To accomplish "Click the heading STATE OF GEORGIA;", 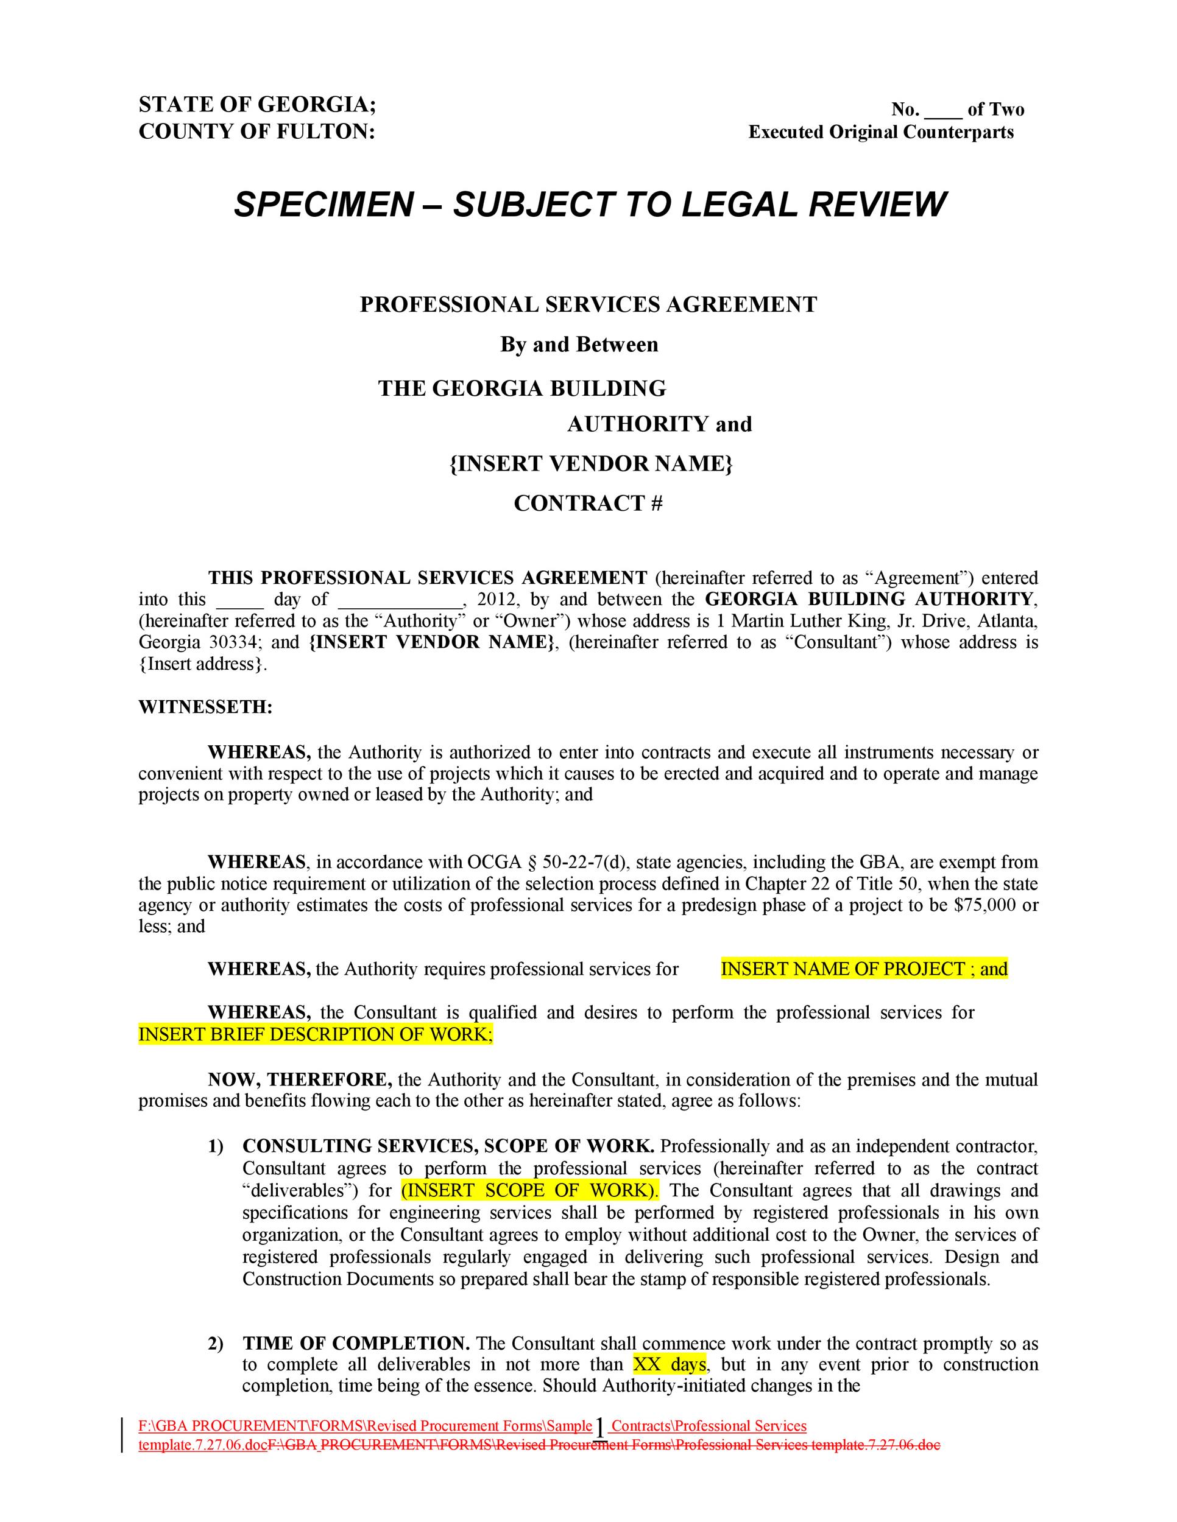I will (257, 105).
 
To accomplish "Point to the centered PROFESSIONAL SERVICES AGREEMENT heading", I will (588, 304).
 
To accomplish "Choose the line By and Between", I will (579, 345).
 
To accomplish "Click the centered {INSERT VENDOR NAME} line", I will (590, 463).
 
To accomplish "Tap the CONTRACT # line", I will (588, 503).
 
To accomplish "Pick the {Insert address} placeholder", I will (202, 664).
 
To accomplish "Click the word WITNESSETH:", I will (205, 707).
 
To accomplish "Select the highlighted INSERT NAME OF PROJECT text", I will (843, 969).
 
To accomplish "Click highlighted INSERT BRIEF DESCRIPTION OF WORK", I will (315, 1034).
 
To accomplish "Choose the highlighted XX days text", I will (670, 1364).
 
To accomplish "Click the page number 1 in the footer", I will (599, 1428).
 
